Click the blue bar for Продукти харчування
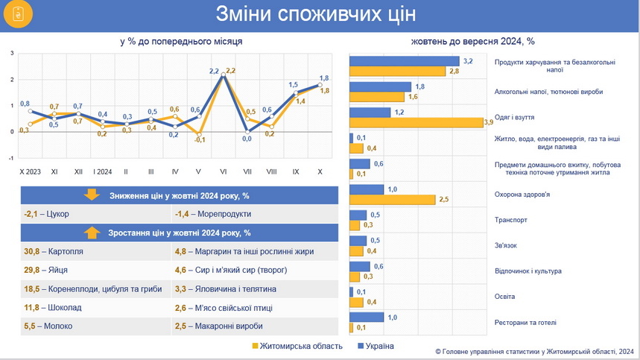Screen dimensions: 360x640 click(406, 60)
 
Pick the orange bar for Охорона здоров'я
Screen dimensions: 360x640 click(392, 200)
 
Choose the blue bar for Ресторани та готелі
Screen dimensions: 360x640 click(367, 317)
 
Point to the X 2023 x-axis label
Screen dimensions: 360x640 click(31, 171)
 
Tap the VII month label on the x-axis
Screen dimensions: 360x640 click(247, 171)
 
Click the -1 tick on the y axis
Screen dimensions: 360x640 click(11, 158)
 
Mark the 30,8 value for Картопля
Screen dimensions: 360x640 click(33, 252)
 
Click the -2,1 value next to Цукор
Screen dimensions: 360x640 click(33, 214)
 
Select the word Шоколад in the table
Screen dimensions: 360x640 click(65, 307)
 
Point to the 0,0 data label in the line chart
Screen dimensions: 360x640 click(247, 138)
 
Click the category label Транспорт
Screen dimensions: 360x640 click(511, 221)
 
